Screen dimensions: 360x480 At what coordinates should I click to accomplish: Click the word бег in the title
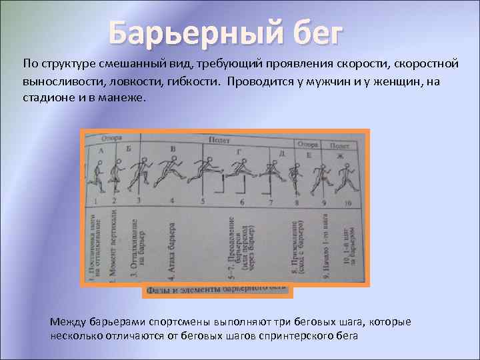click(x=312, y=31)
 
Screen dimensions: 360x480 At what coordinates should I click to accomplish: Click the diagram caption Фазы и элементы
click(x=217, y=291)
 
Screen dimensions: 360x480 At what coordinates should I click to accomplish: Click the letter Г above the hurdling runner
click(x=239, y=152)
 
